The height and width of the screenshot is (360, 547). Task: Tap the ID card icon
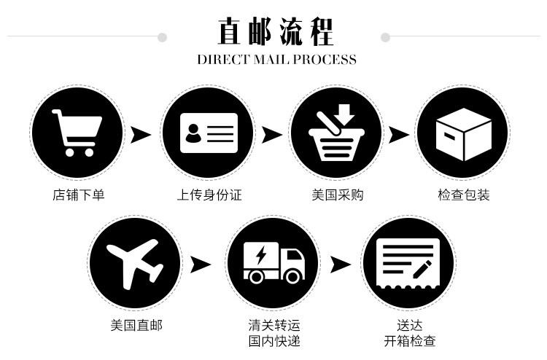point(209,132)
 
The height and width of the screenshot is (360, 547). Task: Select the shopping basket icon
point(336,133)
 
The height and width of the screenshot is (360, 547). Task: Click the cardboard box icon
point(463,133)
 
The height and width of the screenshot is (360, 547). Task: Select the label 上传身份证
point(209,195)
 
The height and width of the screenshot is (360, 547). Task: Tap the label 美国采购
point(337,195)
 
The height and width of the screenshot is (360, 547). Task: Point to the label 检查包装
point(464,195)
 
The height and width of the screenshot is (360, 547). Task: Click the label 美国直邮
point(136,325)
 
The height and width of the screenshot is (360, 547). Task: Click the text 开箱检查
point(410,341)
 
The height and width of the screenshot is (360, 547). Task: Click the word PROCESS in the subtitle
point(325,60)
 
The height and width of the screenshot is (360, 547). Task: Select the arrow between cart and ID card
point(141,135)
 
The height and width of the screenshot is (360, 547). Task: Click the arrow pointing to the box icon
point(398,135)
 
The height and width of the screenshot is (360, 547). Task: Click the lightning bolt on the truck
point(260,256)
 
